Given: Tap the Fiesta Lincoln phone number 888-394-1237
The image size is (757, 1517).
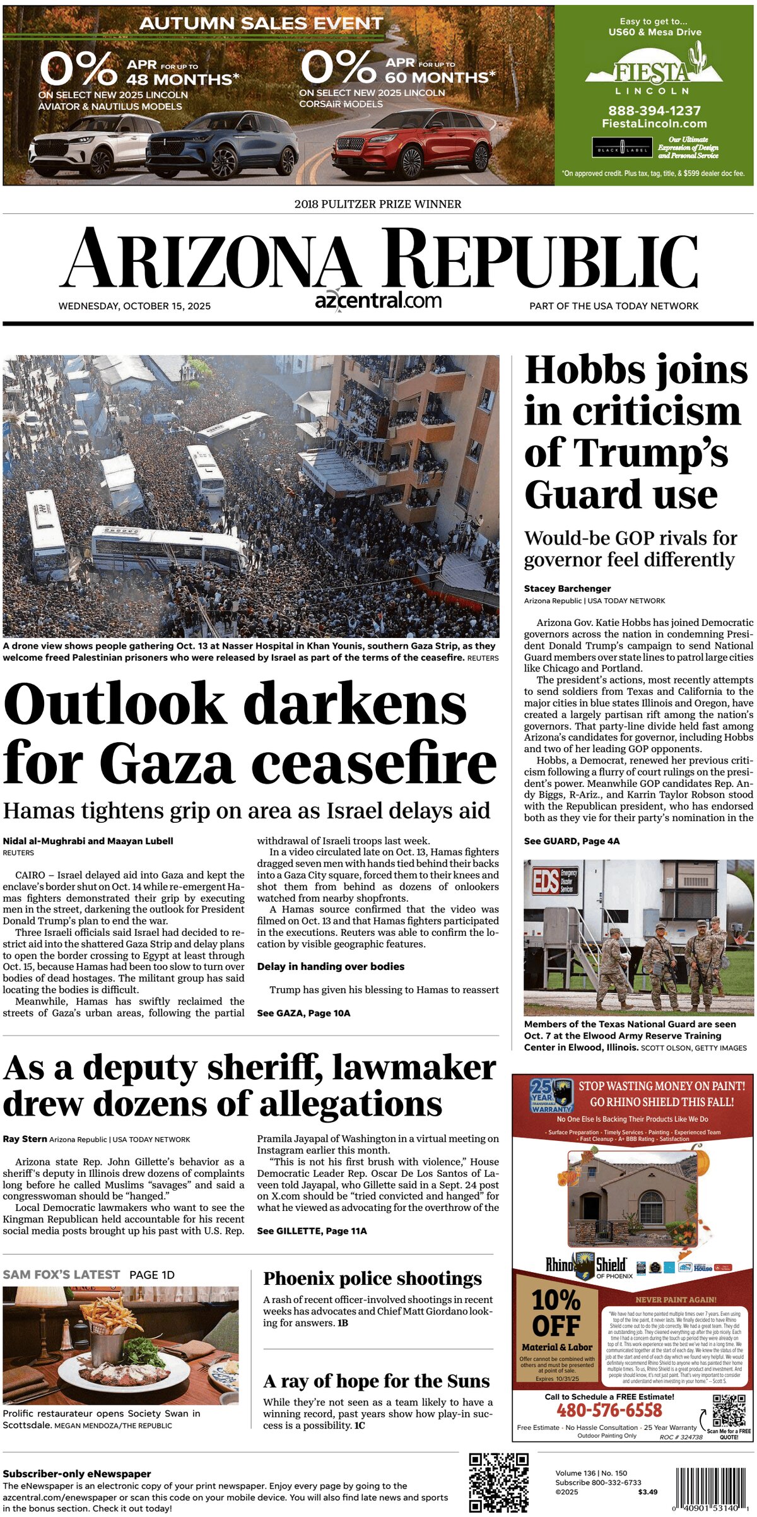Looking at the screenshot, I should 654,110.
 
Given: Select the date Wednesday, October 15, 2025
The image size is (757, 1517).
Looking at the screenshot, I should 134,306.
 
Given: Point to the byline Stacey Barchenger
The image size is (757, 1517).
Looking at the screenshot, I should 567,588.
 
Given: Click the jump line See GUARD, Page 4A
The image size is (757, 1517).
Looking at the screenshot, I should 572,841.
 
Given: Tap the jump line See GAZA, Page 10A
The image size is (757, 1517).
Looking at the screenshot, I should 303,1013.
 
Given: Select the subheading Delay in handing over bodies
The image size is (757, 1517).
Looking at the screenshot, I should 331,966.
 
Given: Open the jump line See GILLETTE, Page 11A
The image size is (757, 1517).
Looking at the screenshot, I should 312,1231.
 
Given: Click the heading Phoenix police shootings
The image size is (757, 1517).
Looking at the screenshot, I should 372,1278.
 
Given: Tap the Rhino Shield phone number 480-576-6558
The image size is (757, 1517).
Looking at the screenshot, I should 609,1410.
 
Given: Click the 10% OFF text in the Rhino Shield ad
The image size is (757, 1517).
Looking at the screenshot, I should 556,1313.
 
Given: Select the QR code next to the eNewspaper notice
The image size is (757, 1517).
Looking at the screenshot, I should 498,1482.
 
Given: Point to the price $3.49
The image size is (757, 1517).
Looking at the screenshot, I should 647,1492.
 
